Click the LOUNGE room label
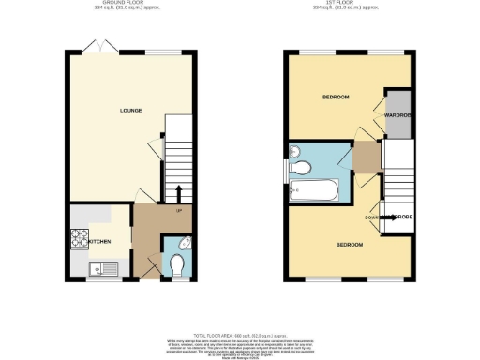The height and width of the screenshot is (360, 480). click(130, 111)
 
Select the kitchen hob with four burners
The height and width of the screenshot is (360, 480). click(78, 241)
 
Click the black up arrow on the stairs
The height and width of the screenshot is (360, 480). click(179, 191)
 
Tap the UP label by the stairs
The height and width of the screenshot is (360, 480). click(178, 209)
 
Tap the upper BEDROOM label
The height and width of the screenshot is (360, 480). click(336, 97)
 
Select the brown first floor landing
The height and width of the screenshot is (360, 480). click(366, 157)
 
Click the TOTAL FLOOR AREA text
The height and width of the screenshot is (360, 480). click(239, 334)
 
